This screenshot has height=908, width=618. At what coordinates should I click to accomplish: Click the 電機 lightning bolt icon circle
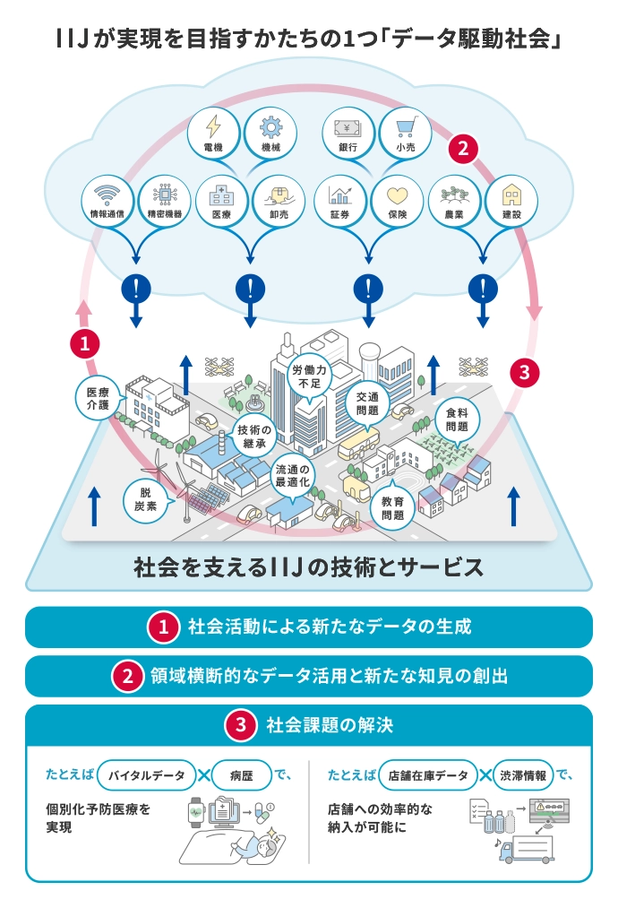[x=213, y=133]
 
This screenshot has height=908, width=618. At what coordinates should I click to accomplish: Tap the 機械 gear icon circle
[x=270, y=133]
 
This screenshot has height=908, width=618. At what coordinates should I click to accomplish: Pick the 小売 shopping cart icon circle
[x=405, y=133]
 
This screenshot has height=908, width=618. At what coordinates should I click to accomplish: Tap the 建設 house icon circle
[x=511, y=201]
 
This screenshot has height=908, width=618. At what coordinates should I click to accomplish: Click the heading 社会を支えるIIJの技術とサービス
[x=308, y=567]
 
